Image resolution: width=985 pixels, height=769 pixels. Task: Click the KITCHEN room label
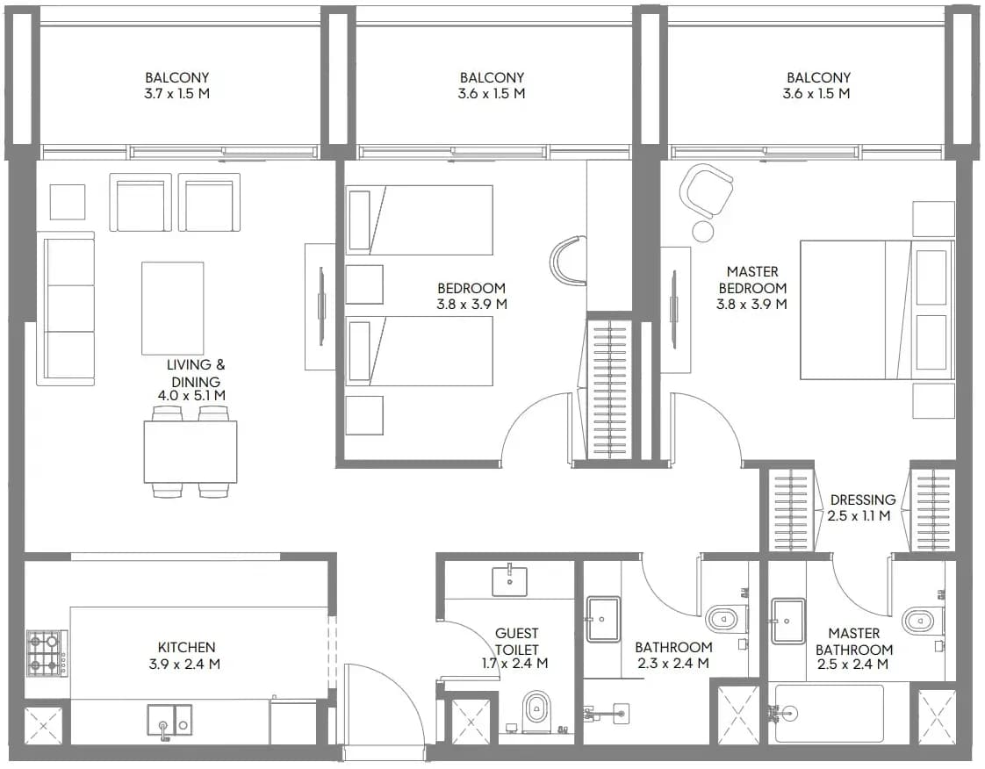click(x=186, y=647)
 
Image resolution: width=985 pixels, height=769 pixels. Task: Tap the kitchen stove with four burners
click(x=47, y=653)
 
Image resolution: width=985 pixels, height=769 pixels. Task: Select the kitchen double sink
click(x=169, y=720)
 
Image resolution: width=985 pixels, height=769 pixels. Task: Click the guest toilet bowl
click(x=536, y=710)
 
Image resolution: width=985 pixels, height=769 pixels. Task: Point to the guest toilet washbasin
click(x=509, y=580)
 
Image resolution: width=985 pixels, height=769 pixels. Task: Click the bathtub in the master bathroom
click(x=830, y=713)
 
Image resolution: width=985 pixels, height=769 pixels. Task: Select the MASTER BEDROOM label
click(x=752, y=279)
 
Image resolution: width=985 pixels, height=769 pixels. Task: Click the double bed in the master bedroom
click(x=876, y=310)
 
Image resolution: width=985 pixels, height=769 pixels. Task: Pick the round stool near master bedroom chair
click(x=703, y=231)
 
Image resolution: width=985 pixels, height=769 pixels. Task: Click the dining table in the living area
click(x=191, y=452)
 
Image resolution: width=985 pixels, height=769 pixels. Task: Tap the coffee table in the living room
click(x=173, y=309)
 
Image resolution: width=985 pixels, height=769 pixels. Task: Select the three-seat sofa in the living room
click(x=65, y=308)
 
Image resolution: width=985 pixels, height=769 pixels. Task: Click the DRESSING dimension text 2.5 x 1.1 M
click(x=859, y=516)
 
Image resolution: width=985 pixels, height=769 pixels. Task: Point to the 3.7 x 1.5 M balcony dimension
click(x=176, y=94)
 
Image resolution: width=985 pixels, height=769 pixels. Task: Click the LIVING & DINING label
click(x=196, y=372)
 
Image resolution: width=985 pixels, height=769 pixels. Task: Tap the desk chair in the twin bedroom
click(x=568, y=259)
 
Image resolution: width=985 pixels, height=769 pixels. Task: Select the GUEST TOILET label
click(x=516, y=642)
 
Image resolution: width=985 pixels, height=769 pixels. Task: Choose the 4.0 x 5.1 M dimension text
click(x=191, y=396)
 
